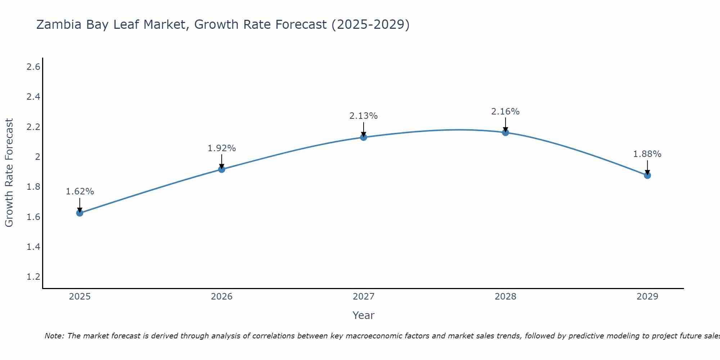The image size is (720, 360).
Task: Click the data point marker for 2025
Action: [x=80, y=213]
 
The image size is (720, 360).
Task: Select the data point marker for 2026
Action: [x=222, y=169]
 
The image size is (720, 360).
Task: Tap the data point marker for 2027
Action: [x=364, y=137]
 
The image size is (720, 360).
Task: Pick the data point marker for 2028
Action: [x=505, y=132]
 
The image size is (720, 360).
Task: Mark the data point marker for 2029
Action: [x=647, y=175]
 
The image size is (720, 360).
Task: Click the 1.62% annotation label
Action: [x=80, y=192]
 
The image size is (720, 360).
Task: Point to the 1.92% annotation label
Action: [x=222, y=148]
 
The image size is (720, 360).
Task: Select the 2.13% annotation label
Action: [x=364, y=116]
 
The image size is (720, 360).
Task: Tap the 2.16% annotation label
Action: [x=505, y=112]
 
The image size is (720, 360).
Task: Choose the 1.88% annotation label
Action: [x=647, y=154]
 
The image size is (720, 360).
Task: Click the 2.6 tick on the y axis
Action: [x=33, y=67]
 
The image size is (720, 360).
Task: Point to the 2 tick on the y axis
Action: [x=37, y=157]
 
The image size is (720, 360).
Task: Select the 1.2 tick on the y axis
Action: [x=33, y=277]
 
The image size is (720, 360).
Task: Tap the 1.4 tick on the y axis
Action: [x=33, y=247]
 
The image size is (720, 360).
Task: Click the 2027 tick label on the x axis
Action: [x=364, y=297]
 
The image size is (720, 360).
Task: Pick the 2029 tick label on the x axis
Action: [x=647, y=297]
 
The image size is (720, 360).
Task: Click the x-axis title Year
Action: [x=364, y=315]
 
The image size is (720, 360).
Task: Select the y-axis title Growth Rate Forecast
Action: [x=9, y=173]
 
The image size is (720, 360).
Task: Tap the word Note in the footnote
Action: [x=54, y=336]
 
